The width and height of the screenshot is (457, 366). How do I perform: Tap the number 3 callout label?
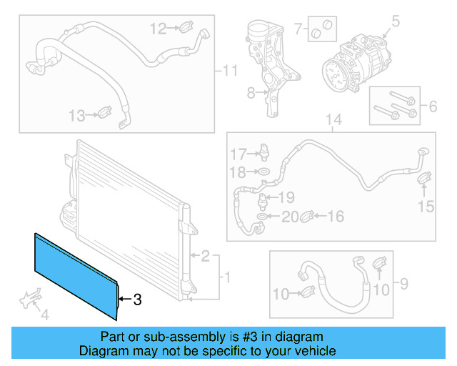click(138, 300)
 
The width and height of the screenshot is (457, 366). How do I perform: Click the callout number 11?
click(228, 71)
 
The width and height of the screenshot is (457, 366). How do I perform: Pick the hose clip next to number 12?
click(185, 29)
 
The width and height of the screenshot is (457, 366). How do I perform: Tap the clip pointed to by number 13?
click(104, 113)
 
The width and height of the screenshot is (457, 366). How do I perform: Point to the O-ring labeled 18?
click(263, 172)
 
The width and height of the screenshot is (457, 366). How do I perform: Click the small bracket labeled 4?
click(29, 298)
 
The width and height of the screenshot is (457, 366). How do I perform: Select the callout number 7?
click(298, 29)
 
